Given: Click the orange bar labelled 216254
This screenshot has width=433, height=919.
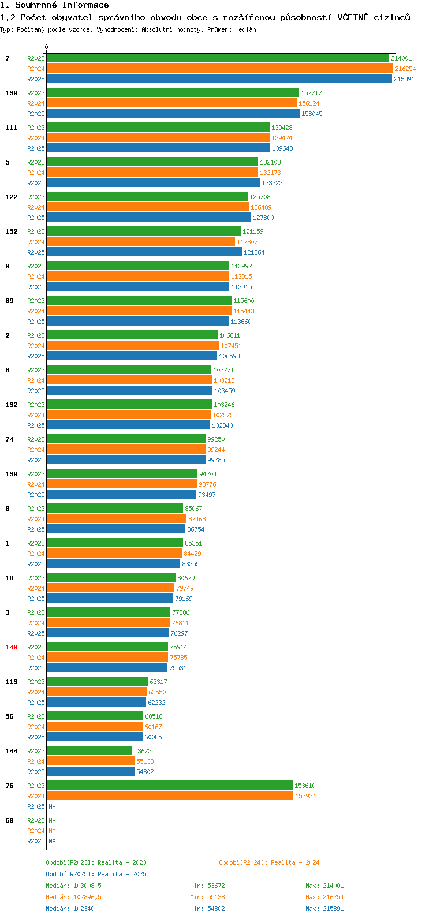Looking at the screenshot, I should [219, 69].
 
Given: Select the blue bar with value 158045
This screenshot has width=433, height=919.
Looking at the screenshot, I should [173, 114].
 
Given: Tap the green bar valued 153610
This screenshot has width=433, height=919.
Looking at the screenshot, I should [170, 786].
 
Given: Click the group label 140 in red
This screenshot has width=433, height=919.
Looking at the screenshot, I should [12, 647].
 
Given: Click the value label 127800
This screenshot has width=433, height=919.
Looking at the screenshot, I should [263, 218].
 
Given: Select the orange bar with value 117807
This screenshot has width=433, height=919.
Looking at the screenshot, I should [141, 242].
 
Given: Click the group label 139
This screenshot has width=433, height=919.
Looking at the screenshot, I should [12, 93].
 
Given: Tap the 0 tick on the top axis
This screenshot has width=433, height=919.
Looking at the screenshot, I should [47, 47].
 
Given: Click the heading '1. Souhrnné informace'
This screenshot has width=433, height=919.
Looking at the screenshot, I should [54, 5].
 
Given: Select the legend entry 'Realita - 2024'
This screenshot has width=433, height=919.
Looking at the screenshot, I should [269, 862].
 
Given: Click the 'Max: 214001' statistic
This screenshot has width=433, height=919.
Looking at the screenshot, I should [324, 886].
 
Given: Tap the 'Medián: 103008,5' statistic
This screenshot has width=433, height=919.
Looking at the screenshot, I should [73, 886].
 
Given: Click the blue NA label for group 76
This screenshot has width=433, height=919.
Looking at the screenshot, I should [52, 806].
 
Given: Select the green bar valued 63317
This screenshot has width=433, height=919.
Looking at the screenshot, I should [97, 682].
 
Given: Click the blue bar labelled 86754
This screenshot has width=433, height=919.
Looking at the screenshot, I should [116, 529].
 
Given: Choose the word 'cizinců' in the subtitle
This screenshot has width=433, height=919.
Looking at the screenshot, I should [392, 17].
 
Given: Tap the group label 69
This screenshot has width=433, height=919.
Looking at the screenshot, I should [10, 820].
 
